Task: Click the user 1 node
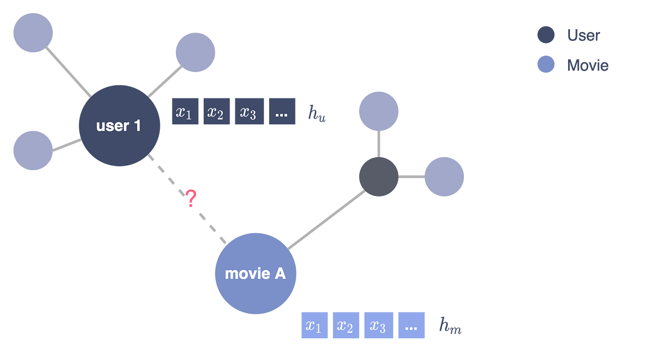point(119,126)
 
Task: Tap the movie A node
point(256,273)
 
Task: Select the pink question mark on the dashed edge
point(190,200)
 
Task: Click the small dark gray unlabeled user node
point(379,177)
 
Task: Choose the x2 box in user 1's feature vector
point(216,111)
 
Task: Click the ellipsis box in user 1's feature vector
point(282,111)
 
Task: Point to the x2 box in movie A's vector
point(346,325)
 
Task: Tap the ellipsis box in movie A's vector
point(412,325)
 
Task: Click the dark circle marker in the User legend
point(546,35)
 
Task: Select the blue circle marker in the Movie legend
point(546,65)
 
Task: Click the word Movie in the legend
point(587,65)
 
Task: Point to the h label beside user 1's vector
point(316,114)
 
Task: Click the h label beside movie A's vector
point(450,327)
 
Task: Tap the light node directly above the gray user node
point(379,112)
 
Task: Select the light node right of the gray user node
point(444,177)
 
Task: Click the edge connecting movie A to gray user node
point(327,220)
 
